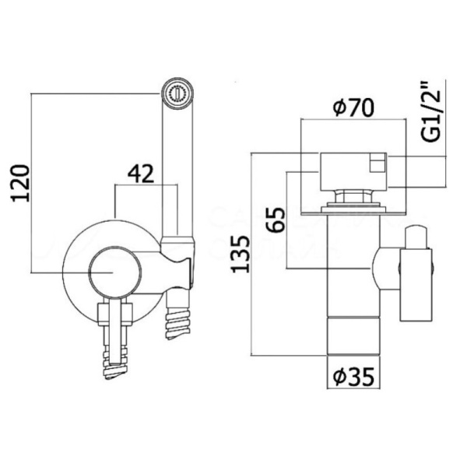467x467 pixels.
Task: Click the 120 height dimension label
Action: pos(21,182)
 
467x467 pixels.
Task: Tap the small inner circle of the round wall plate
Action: pos(113,273)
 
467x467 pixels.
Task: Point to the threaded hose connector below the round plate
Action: pos(114,342)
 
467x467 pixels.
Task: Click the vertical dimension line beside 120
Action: pos(32,182)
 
